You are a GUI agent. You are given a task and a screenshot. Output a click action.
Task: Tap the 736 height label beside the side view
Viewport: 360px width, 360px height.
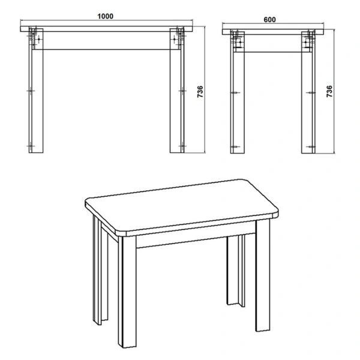pos(328,91)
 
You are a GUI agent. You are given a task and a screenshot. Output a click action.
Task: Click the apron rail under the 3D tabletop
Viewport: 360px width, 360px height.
pos(180,240)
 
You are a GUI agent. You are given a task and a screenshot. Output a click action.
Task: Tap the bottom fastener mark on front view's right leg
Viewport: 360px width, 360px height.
pos(182,145)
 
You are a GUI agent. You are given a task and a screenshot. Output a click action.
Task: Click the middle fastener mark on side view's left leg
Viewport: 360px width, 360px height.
pos(234,92)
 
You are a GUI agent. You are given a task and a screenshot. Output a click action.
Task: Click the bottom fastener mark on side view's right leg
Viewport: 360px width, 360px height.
pos(310,145)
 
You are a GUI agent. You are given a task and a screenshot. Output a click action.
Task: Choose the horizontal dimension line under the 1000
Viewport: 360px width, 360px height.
pos(107,22)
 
